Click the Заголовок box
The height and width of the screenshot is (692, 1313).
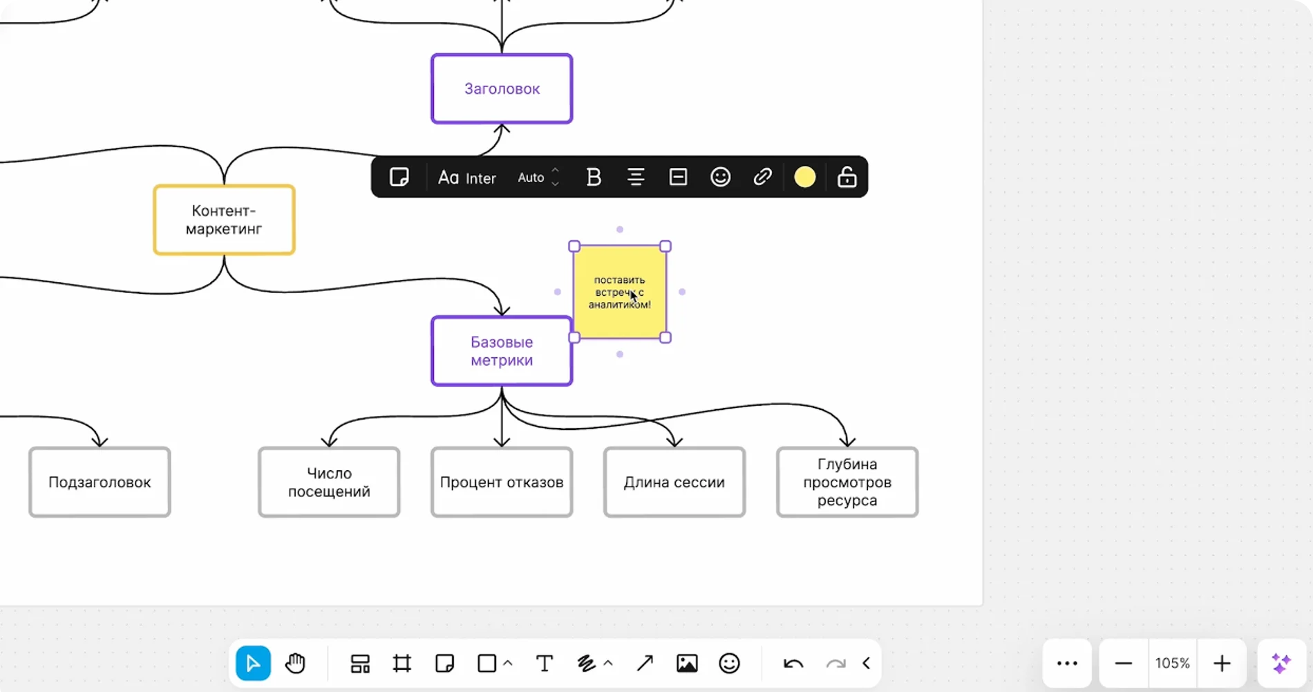pyautogui.click(x=502, y=88)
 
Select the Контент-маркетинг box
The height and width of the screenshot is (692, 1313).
pyautogui.click(x=224, y=220)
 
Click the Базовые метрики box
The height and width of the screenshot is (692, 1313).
pyautogui.click(x=502, y=351)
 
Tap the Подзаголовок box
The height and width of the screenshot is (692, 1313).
pyautogui.click(x=100, y=482)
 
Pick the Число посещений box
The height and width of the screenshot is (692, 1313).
pyautogui.click(x=329, y=482)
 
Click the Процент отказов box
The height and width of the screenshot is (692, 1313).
pyautogui.click(x=502, y=482)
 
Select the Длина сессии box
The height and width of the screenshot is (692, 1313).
pyautogui.click(x=674, y=482)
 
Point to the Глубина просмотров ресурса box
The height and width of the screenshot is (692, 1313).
pyautogui.click(x=847, y=482)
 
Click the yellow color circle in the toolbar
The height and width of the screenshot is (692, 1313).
pyautogui.click(x=805, y=178)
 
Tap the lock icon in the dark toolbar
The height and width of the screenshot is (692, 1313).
pyautogui.click(x=847, y=178)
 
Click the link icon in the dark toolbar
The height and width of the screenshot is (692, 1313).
pyautogui.click(x=762, y=178)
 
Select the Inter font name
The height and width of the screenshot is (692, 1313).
pyautogui.click(x=480, y=178)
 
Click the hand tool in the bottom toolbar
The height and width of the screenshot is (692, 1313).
pyautogui.click(x=295, y=664)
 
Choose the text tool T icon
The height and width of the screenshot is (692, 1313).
pyautogui.click(x=545, y=664)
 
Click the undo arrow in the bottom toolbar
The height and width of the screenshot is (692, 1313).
pyautogui.click(x=793, y=664)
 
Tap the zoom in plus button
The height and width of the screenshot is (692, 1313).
pyautogui.click(x=1222, y=664)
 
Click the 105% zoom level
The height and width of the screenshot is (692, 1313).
pyautogui.click(x=1173, y=664)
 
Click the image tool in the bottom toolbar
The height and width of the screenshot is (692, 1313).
pyautogui.click(x=687, y=664)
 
